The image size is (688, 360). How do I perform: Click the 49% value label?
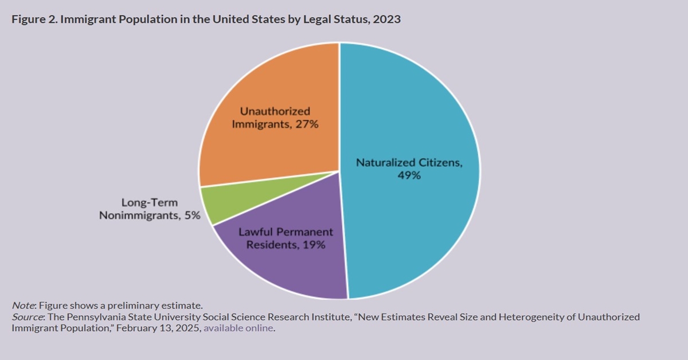[x=409, y=176]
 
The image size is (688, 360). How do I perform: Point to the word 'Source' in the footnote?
[x=25, y=316]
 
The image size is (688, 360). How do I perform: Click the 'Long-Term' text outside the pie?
[x=150, y=202]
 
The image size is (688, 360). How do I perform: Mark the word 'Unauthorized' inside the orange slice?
[x=275, y=111]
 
